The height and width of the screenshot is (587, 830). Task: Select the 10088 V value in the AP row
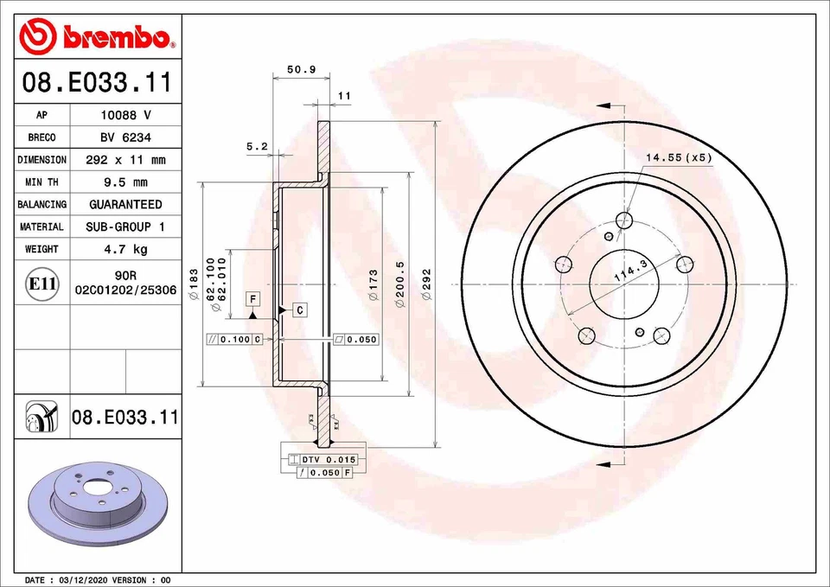click(124, 115)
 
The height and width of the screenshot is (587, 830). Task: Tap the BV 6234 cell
click(124, 137)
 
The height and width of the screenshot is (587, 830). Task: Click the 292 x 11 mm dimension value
click(124, 160)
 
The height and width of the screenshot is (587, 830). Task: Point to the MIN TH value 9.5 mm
click(124, 182)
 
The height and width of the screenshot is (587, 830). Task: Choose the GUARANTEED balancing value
click(124, 204)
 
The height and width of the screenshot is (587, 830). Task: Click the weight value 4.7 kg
click(124, 249)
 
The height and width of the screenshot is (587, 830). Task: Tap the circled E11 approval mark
click(42, 283)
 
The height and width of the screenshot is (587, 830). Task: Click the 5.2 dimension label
click(257, 147)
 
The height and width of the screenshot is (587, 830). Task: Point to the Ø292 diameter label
click(425, 284)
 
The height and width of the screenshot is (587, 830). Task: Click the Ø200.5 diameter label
click(399, 284)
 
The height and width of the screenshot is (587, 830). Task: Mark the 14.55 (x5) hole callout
click(678, 157)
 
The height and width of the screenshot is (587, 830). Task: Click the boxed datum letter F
click(252, 298)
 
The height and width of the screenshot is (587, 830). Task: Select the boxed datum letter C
click(298, 309)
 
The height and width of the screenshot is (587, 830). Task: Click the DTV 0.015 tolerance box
click(329, 458)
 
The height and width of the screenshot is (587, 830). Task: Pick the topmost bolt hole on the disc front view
click(626, 218)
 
